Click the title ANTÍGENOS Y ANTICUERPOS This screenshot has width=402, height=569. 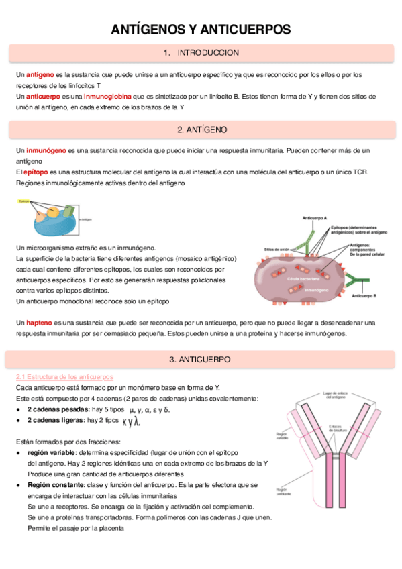coord(201,30)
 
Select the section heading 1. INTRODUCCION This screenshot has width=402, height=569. coord(201,52)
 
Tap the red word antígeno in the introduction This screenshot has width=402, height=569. coord(40,74)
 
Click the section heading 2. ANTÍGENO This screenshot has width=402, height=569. coord(201,129)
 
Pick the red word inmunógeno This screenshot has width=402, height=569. coord(44,150)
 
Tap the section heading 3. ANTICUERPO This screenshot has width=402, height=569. coord(201,360)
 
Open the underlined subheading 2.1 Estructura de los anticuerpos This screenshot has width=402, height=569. coord(65,377)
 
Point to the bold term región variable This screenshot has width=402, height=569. coord(55,452)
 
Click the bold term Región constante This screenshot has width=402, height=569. coord(58,484)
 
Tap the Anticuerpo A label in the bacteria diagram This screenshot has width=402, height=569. coord(315,219)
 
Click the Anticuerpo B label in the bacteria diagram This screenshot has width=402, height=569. coord(364,295)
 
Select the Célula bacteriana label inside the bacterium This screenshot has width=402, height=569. coord(303,278)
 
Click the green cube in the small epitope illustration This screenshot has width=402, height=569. coord(70,210)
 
